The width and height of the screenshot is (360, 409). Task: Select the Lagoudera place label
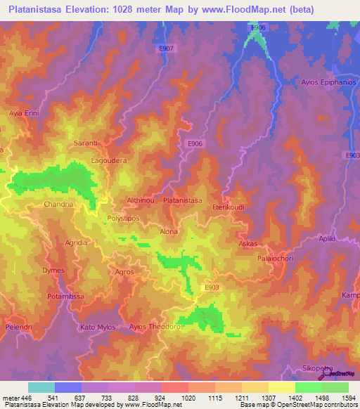point(109,160)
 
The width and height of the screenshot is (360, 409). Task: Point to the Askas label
point(248,244)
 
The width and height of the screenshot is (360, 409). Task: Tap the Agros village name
point(124,271)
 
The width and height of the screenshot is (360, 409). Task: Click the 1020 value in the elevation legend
point(186,398)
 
